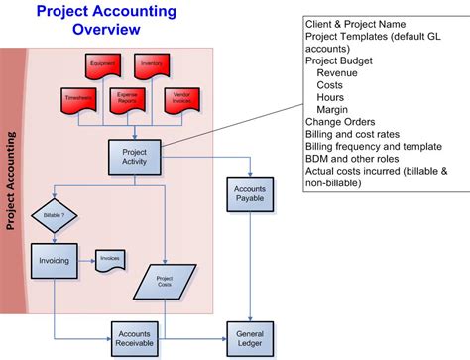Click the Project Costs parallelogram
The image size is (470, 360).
[164, 281]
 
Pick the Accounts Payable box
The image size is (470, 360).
[249, 193]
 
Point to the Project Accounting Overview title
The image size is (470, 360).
[106, 21]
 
